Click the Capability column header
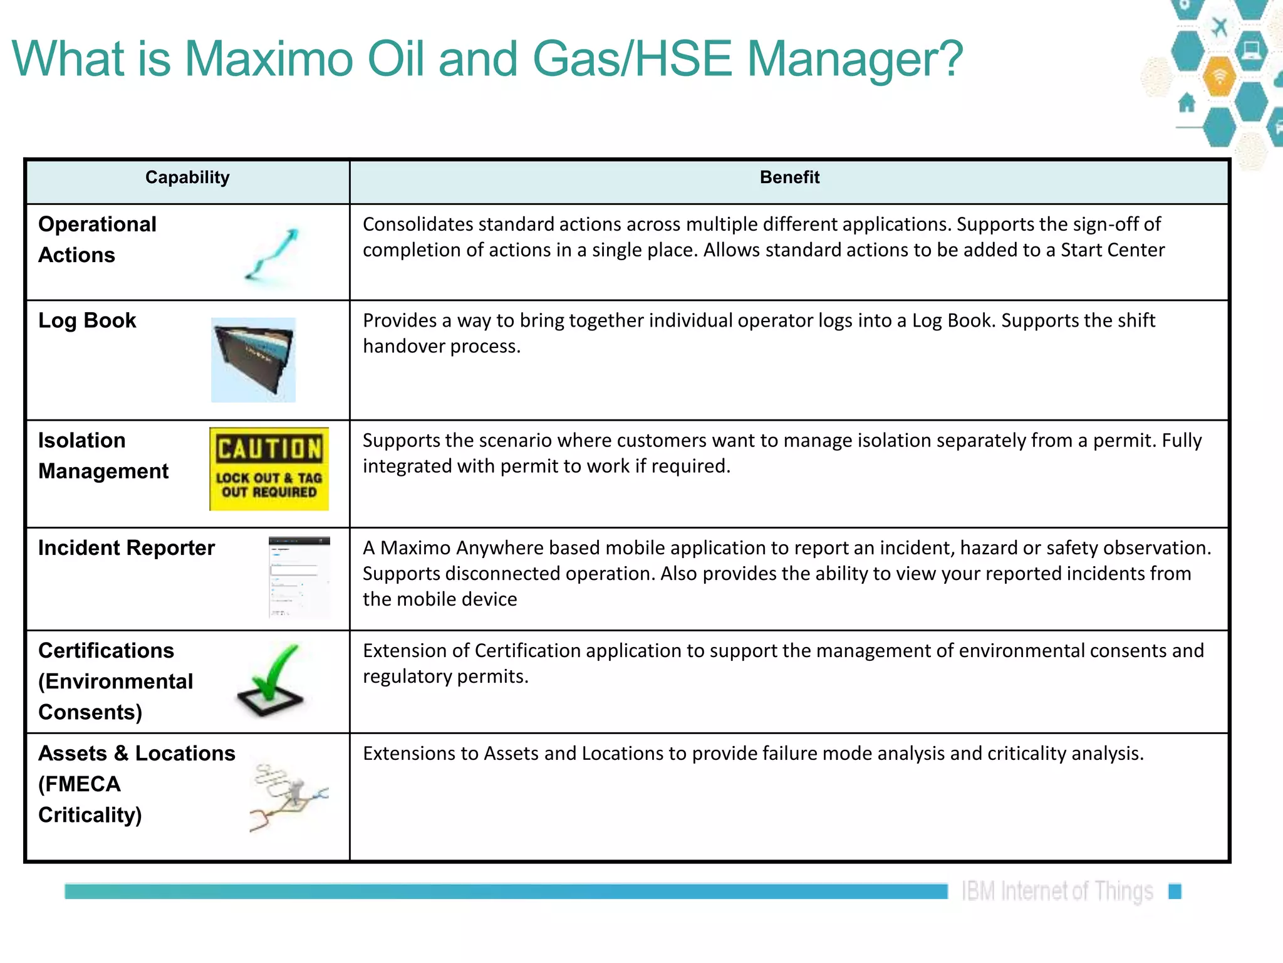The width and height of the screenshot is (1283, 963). click(187, 177)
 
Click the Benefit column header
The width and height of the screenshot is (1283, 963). click(789, 177)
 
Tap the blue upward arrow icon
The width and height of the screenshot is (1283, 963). click(273, 253)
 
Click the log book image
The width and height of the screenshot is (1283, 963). click(253, 360)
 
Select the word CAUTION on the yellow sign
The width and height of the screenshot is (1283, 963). click(269, 449)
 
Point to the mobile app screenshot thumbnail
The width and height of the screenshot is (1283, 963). click(299, 577)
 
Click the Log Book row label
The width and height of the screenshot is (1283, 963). click(87, 320)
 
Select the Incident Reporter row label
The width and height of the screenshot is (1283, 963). click(126, 548)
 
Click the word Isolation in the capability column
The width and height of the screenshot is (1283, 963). click(81, 440)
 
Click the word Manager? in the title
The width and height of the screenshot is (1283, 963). click(854, 58)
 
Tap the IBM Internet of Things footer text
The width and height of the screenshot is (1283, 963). click(1057, 891)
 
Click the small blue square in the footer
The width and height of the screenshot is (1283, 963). click(1175, 891)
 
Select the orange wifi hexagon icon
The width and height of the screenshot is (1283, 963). click(1219, 76)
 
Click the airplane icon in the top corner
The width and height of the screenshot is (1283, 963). click(1219, 28)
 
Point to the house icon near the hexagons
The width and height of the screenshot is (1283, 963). click(1187, 102)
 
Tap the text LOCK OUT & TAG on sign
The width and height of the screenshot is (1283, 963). click(269, 478)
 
